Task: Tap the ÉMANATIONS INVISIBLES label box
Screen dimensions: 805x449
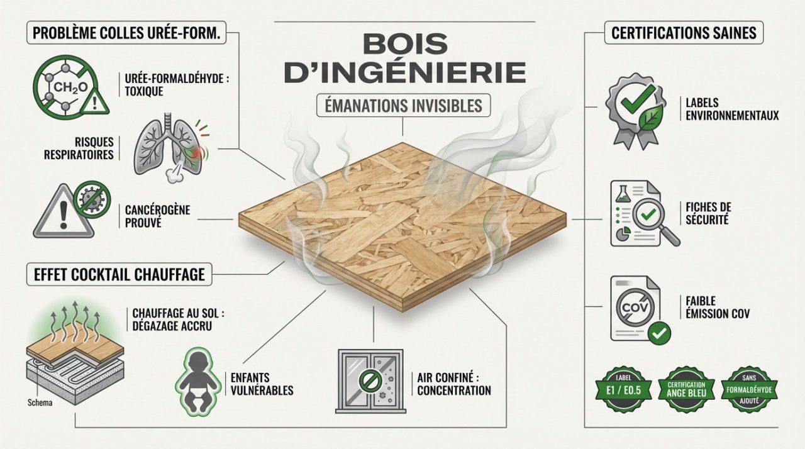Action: pos(402,106)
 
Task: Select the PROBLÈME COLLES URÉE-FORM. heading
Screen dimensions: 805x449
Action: pos(126,33)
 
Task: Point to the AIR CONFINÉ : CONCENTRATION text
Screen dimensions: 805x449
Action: pos(453,384)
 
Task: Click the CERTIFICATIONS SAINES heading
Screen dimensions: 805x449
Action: pos(684,33)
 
